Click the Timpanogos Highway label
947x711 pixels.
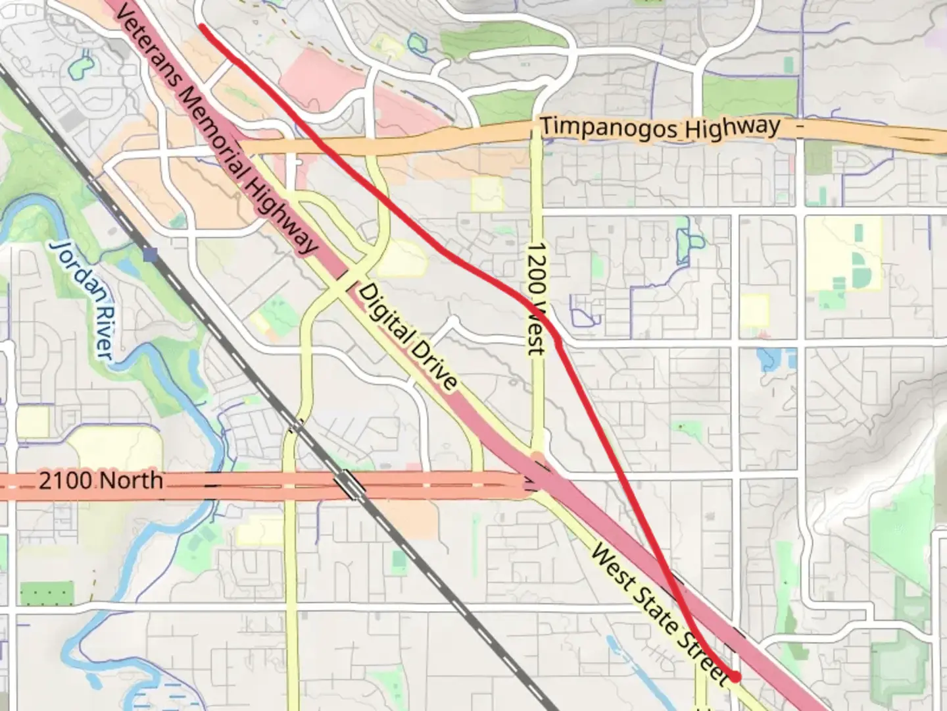click(x=660, y=128)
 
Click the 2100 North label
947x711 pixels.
click(x=101, y=481)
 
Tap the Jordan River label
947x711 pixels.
click(x=82, y=300)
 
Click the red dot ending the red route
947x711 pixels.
click(x=735, y=676)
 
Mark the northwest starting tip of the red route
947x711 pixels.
click(x=201, y=27)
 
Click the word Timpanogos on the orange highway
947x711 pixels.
click(x=609, y=129)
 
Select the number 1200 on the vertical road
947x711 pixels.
click(x=537, y=267)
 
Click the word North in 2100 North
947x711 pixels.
click(x=131, y=481)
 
